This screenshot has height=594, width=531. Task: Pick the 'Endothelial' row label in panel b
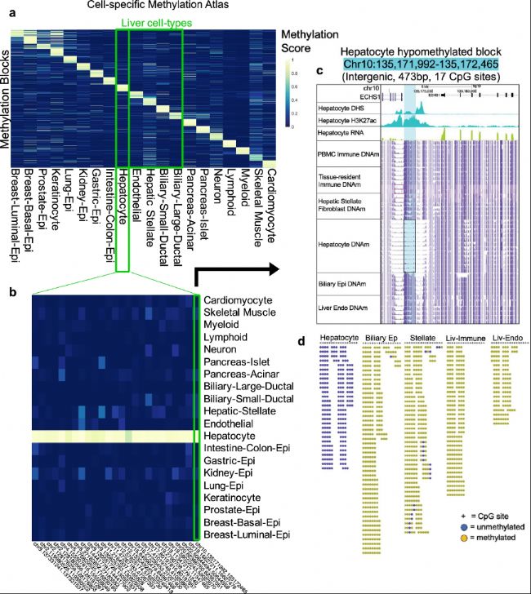pyautogui.click(x=229, y=426)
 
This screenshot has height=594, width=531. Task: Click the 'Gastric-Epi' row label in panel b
pyautogui.click(x=228, y=464)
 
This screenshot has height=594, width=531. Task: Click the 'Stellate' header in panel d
pyautogui.click(x=422, y=336)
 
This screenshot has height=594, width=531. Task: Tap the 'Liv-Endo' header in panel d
pyautogui.click(x=507, y=336)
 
